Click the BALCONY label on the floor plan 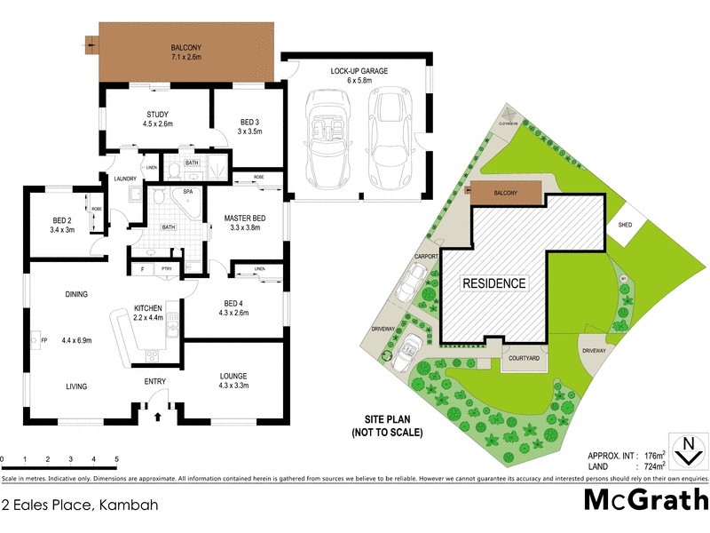pos(187,49)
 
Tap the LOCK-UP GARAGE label pos(359,71)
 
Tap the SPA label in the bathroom pos(188,191)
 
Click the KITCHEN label pos(148,307)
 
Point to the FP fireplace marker pos(42,338)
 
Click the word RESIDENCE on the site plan pos(493,283)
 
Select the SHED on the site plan pos(626,226)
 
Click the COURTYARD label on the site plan pos(524,358)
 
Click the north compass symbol pos(684,451)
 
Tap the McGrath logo pos(645,499)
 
